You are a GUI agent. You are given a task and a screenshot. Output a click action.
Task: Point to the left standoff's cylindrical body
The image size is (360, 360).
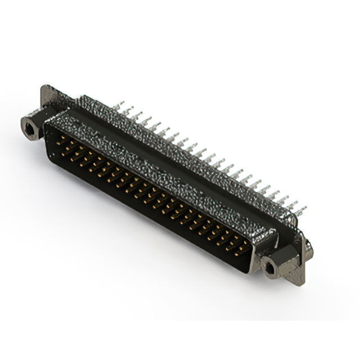coord(34,125)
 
